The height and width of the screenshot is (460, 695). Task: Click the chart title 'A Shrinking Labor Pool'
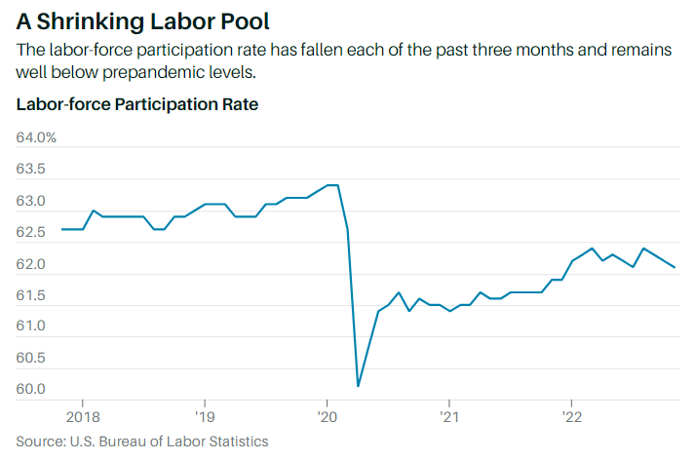click(143, 20)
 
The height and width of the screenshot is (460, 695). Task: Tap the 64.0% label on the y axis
click(37, 137)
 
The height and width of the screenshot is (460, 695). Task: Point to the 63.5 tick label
click(31, 170)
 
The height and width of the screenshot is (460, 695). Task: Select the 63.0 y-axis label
click(31, 201)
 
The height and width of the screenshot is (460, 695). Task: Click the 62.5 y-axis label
click(31, 233)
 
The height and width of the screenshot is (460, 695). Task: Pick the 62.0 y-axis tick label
click(31, 264)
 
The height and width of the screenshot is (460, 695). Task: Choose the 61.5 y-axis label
click(31, 295)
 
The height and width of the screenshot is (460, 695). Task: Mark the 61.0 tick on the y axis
click(31, 326)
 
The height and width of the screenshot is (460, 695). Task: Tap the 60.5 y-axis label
click(31, 359)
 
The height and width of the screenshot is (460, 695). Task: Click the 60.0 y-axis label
click(31, 390)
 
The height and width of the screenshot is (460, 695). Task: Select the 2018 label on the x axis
click(82, 414)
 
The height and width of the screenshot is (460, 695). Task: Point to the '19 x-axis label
click(204, 414)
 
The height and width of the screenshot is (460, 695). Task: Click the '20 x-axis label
click(327, 414)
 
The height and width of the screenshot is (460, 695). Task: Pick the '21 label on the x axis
click(448, 414)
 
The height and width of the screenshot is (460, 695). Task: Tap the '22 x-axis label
click(571, 414)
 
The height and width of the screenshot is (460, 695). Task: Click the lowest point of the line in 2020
click(359, 386)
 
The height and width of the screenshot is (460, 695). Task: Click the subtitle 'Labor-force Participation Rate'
click(137, 103)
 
